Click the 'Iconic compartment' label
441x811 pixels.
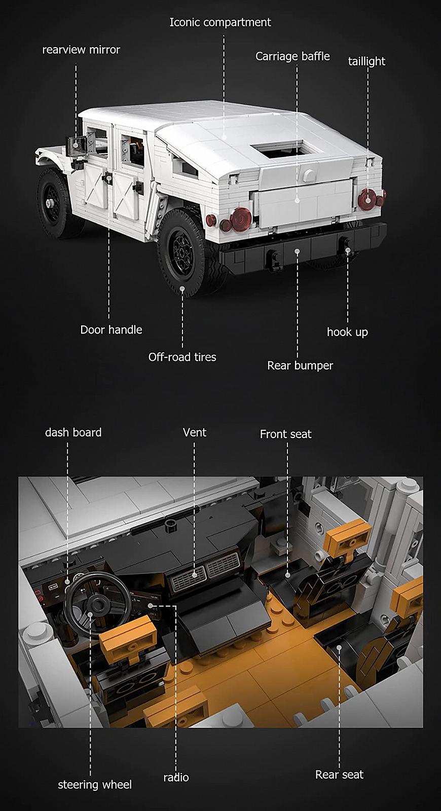click(x=220, y=22)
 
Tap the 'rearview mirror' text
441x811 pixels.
click(x=81, y=50)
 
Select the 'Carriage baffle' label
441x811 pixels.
click(x=292, y=56)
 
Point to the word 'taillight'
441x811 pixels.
click(x=366, y=61)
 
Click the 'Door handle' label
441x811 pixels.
click(x=111, y=330)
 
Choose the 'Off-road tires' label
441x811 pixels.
click(x=182, y=357)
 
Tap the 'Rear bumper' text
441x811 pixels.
click(x=300, y=365)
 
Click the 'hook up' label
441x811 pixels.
click(x=347, y=333)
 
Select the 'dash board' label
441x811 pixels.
click(x=73, y=432)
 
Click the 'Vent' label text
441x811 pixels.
click(x=195, y=432)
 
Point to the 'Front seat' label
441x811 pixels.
click(x=285, y=434)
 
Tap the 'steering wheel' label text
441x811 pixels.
click(x=95, y=785)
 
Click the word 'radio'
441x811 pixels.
click(x=176, y=778)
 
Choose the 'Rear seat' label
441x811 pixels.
click(x=339, y=775)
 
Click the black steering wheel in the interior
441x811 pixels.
click(x=92, y=601)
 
